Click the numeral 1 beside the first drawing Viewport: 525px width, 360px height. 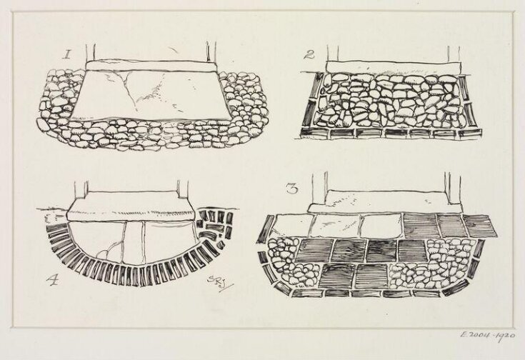tap(66, 53)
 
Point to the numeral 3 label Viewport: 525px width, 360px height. tap(291, 189)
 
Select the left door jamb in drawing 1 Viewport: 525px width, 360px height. tap(90, 52)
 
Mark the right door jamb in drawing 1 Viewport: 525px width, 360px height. tap(211, 51)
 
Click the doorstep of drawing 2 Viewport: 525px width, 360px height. tap(389, 66)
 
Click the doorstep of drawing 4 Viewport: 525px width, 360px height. tap(132, 209)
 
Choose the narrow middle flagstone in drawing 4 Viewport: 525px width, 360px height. tap(134, 243)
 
